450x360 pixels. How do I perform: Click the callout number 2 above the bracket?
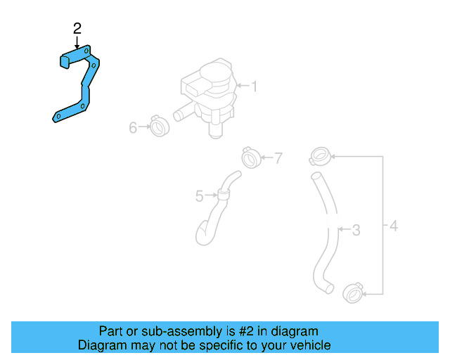pos(77,28)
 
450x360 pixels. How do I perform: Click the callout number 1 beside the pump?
pos(254,86)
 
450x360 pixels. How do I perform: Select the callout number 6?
pos(133,127)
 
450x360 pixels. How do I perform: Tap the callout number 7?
pos(278,158)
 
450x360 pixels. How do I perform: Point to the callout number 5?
pos(199,195)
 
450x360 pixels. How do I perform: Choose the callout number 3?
pos(356,229)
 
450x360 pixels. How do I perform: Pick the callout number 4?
pos(394,226)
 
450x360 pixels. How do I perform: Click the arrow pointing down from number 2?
pos(77,42)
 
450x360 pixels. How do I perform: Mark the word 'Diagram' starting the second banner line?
pos(100,345)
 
